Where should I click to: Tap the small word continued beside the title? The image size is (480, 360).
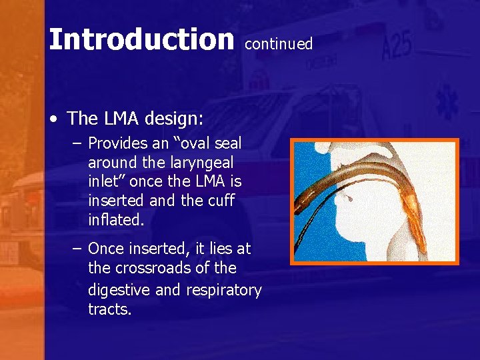click(x=279, y=44)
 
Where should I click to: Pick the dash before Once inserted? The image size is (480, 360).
click(x=77, y=249)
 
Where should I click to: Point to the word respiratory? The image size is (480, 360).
click(x=219, y=290)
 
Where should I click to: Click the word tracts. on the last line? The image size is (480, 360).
click(x=110, y=309)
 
